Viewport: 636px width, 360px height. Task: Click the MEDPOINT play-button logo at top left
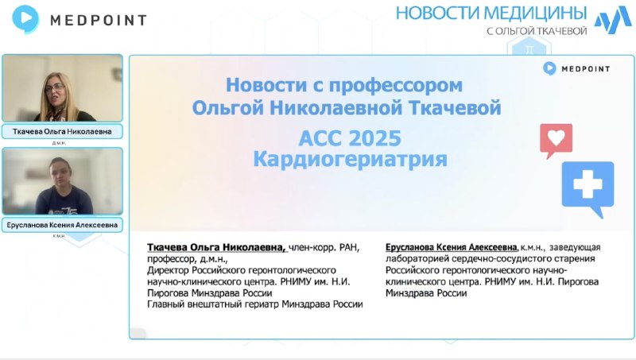tap(25, 18)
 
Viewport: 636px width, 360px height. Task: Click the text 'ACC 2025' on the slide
tap(350, 138)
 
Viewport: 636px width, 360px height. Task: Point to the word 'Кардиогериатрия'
tap(350, 159)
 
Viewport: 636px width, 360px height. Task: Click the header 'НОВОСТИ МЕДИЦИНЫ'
tap(491, 13)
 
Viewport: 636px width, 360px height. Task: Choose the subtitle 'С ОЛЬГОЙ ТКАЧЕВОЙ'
tap(537, 31)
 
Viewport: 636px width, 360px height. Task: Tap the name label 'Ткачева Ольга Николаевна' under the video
tap(62, 131)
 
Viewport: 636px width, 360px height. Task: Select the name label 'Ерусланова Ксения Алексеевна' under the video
tap(62, 225)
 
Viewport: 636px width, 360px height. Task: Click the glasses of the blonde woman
tap(56, 87)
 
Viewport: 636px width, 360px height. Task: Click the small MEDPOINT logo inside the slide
tap(576, 68)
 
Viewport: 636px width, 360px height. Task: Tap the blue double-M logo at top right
tap(613, 19)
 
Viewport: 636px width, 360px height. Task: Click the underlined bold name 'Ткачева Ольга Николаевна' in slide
tap(216, 247)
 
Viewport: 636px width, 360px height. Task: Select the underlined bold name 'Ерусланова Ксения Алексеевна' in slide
tap(452, 247)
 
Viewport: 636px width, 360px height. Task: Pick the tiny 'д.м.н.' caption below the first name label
tap(59, 143)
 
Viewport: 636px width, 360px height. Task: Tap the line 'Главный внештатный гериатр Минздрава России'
tap(254, 304)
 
